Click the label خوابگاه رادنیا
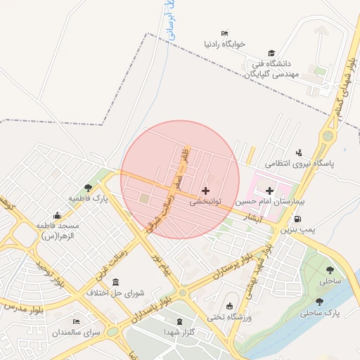pyautogui.click(x=224, y=44)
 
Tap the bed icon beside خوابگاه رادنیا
pyautogui.click(x=224, y=33)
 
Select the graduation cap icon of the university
pyautogui.click(x=271, y=53)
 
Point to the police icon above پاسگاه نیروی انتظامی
pyautogui.click(x=299, y=153)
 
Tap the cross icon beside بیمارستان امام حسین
pyautogui.click(x=269, y=191)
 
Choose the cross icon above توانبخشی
pyautogui.click(x=205, y=191)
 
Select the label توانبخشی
pyautogui.click(x=205, y=201)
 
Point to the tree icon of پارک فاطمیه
pyautogui.click(x=87, y=188)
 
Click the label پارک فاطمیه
pyautogui.click(x=88, y=199)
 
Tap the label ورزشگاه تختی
pyautogui.click(x=229, y=317)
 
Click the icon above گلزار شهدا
pyautogui.click(x=179, y=321)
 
